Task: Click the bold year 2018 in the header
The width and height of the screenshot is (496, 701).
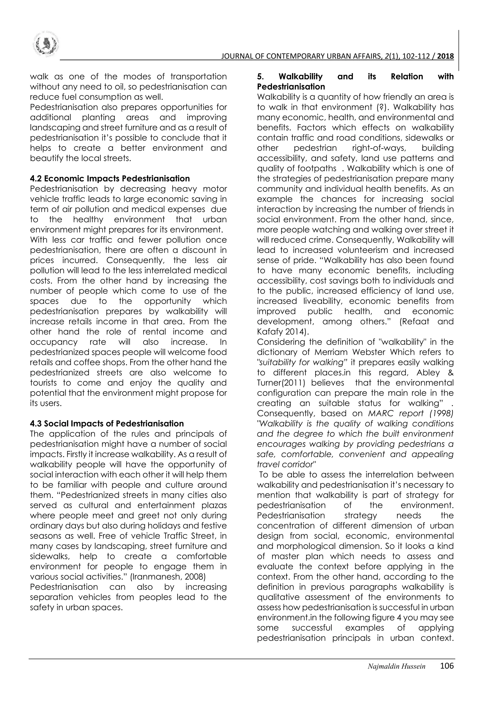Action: tap(445, 56)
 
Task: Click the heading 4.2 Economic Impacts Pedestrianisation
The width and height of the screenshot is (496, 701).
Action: tap(110, 179)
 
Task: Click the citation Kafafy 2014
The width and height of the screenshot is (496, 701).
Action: tap(283, 332)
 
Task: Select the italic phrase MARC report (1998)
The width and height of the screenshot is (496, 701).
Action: tap(411, 413)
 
